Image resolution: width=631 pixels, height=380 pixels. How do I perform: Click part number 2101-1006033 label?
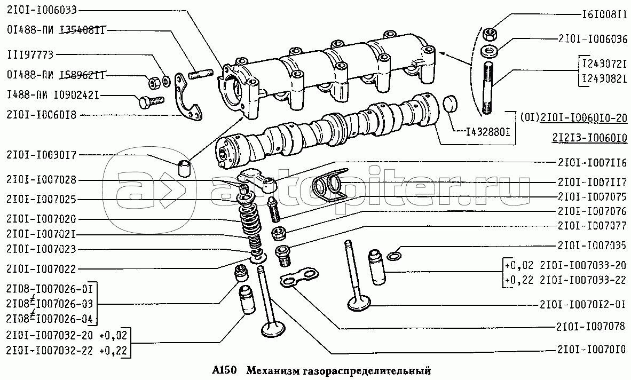tap(41, 10)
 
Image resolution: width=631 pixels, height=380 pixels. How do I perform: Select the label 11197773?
tap(30, 54)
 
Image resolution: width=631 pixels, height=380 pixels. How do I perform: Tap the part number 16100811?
tap(604, 15)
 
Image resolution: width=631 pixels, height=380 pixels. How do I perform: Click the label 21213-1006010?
tap(589, 138)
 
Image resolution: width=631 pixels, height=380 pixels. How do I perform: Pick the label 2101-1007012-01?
tap(583, 304)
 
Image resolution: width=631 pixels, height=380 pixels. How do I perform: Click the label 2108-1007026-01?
tap(50, 289)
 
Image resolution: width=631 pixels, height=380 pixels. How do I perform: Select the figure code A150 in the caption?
tap(224, 370)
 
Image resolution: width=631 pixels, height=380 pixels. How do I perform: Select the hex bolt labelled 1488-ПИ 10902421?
tap(151, 101)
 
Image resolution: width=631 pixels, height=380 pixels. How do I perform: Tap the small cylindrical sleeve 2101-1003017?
tap(184, 169)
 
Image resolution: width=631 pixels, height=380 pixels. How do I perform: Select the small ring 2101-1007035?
tap(394, 256)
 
